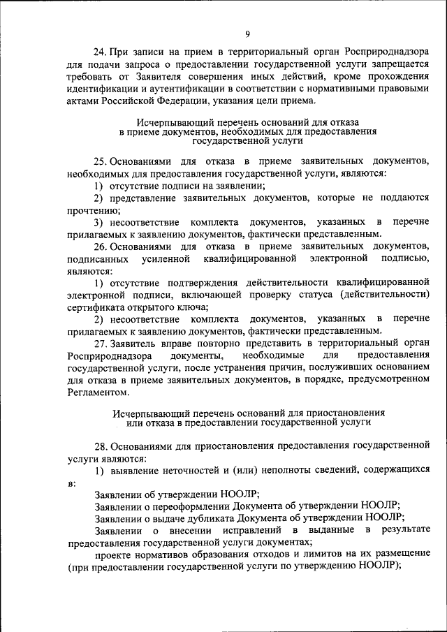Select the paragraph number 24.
coord(101,52)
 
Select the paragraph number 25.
coord(101,161)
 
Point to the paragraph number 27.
coord(101,343)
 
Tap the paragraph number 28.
coord(101,445)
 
